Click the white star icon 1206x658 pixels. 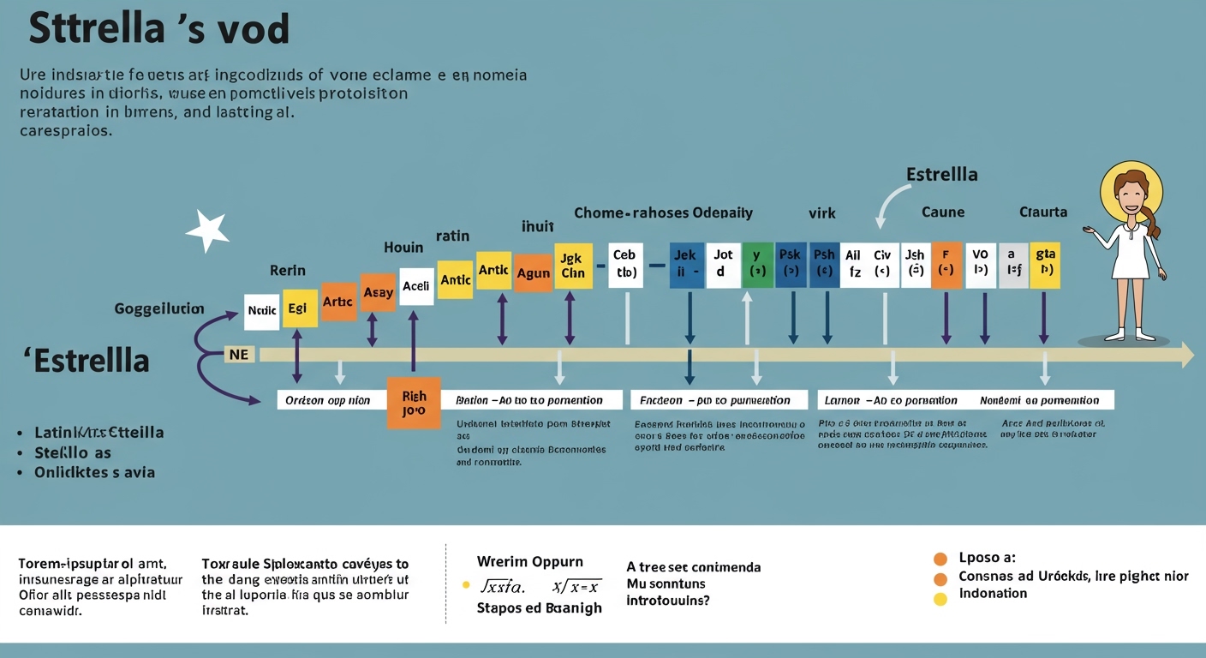click(x=207, y=230)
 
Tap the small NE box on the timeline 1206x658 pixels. click(x=239, y=354)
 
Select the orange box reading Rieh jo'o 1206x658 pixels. click(x=414, y=404)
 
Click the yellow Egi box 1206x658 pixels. click(x=300, y=308)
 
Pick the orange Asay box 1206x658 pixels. click(x=378, y=293)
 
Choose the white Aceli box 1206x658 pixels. click(x=415, y=286)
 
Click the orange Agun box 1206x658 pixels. click(x=533, y=273)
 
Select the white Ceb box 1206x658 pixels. click(x=625, y=265)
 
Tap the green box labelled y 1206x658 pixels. click(x=757, y=265)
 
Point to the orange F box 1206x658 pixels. click(x=946, y=265)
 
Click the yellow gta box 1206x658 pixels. click(x=1044, y=265)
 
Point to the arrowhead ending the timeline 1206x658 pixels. click(x=1187, y=355)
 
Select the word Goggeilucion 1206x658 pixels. click(x=159, y=308)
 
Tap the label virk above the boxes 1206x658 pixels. click(x=821, y=212)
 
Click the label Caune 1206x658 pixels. click(x=943, y=212)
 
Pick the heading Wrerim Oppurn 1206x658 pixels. click(x=529, y=562)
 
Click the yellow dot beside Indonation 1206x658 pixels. click(x=940, y=599)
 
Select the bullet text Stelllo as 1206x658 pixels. click(x=73, y=452)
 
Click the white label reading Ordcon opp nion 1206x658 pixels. click(x=328, y=400)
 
